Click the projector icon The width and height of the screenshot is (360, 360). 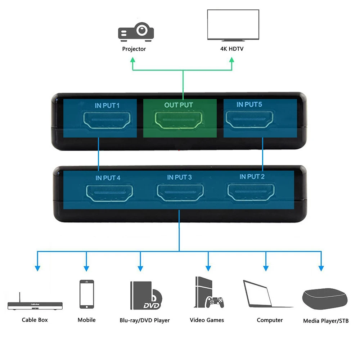point(136,32)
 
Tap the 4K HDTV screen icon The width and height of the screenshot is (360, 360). point(233,25)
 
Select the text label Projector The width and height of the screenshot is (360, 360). point(134,49)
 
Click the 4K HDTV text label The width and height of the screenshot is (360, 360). point(231,49)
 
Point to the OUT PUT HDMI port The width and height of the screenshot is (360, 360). point(179,120)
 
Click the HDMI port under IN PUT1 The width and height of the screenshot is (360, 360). point(107,120)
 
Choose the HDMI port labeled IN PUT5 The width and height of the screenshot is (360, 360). point(249,119)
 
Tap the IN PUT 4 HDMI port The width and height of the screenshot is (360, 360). point(109,193)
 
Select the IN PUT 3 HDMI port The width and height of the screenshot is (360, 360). point(180,192)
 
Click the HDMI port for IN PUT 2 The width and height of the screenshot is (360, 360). point(251,192)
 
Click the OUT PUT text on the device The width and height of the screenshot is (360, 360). point(179,105)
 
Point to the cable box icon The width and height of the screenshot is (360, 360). point(35,301)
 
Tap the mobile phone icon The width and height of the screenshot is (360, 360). point(86,294)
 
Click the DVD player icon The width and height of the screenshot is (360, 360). point(146,296)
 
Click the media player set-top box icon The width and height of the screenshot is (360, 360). point(325,299)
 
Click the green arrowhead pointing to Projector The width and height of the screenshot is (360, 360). point(133,60)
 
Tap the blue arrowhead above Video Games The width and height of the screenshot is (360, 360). point(208,268)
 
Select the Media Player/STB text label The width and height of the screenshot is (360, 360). point(326,321)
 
